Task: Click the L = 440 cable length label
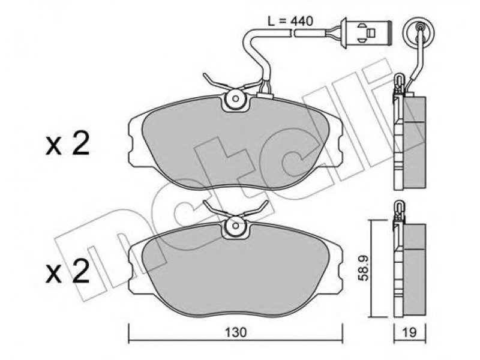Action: pyautogui.click(x=290, y=21)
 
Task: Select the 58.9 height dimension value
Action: pyautogui.click(x=364, y=268)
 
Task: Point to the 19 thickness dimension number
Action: pyautogui.click(x=410, y=333)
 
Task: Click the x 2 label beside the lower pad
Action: pyautogui.click(x=67, y=271)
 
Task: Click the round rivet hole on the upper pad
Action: pyautogui.click(x=236, y=98)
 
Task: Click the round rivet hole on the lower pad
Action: pyautogui.click(x=236, y=226)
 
